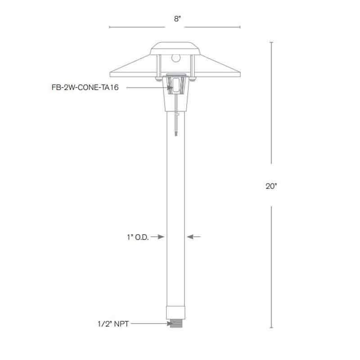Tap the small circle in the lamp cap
click(x=176, y=58)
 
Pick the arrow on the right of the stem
click(x=193, y=236)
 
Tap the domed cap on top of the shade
click(x=175, y=48)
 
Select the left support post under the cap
click(x=158, y=67)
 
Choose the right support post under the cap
click(x=192, y=67)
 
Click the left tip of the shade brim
click(x=110, y=75)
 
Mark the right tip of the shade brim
click(x=240, y=75)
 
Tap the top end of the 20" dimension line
click(x=271, y=42)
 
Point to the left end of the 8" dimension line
click(x=110, y=27)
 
